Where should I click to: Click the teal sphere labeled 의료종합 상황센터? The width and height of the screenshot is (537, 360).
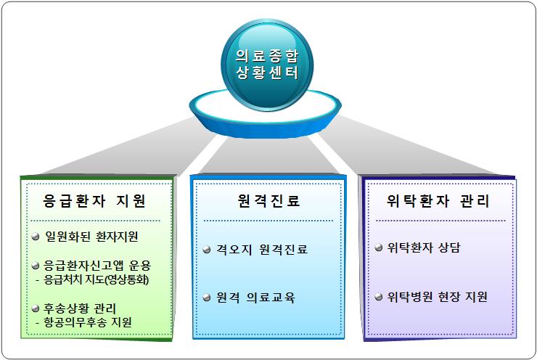coord(267,65)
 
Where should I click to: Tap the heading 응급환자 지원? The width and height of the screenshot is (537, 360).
coord(94,201)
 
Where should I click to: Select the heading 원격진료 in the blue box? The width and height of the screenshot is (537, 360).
coord(268,201)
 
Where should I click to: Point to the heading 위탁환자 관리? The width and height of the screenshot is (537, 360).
coord(438,201)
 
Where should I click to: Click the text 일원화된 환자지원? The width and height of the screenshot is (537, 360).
coord(91,237)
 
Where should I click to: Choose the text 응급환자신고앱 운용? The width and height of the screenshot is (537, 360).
coord(97,266)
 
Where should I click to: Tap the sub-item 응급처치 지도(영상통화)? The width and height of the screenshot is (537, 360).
coord(97,280)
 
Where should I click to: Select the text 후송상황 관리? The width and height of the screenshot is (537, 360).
coord(80,308)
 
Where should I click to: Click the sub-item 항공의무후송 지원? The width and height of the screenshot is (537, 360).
coord(88,322)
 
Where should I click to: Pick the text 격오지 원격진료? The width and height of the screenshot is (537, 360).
coord(262,250)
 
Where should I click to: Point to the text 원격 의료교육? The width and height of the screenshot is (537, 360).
coord(255,298)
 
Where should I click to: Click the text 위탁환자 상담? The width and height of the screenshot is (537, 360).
coord(424,247)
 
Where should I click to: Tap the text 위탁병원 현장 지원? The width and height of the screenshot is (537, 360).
coord(437,296)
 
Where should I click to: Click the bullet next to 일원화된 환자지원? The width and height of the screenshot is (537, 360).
coord(36,237)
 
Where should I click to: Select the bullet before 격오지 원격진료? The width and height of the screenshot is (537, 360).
coord(207,250)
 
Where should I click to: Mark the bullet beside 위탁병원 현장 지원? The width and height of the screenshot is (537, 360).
coord(378,296)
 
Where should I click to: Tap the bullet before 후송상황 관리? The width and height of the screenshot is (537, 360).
coord(36,308)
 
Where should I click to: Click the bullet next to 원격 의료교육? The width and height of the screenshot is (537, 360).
coord(207,298)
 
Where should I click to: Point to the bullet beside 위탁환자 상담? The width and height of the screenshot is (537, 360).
coord(378,247)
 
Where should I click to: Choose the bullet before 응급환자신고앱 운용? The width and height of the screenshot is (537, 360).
coord(36,266)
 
